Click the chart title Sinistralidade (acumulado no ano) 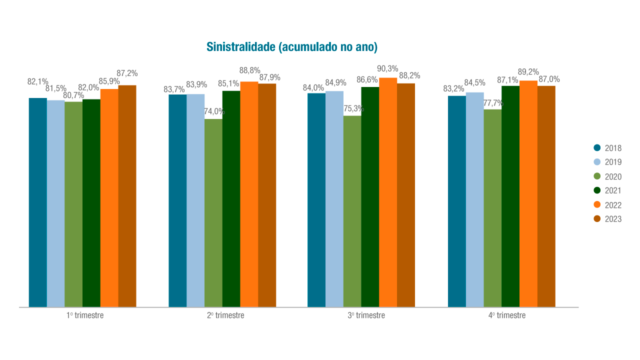pyautogui.click(x=291, y=47)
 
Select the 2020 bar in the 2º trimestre pyautogui.click(x=213, y=212)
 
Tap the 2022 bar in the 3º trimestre pyautogui.click(x=388, y=192)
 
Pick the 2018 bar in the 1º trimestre pyautogui.click(x=38, y=202)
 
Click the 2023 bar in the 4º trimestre pyautogui.click(x=546, y=196)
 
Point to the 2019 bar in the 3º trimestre pyautogui.click(x=334, y=199)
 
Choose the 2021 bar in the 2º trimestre pyautogui.click(x=231, y=199)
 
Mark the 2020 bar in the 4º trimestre pyautogui.click(x=492, y=208)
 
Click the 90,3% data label pyautogui.click(x=387, y=69)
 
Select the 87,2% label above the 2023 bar pyautogui.click(x=127, y=73)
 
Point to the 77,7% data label pyautogui.click(x=493, y=103)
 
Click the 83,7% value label pyautogui.click(x=174, y=89)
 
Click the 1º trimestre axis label pyautogui.click(x=85, y=315)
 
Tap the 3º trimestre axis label pyautogui.click(x=366, y=315)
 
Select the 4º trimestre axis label pyautogui.click(x=507, y=315)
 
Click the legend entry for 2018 pyautogui.click(x=607, y=148)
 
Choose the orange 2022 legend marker pyautogui.click(x=596, y=204)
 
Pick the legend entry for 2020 pyautogui.click(x=607, y=176)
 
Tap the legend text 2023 pyautogui.click(x=613, y=219)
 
